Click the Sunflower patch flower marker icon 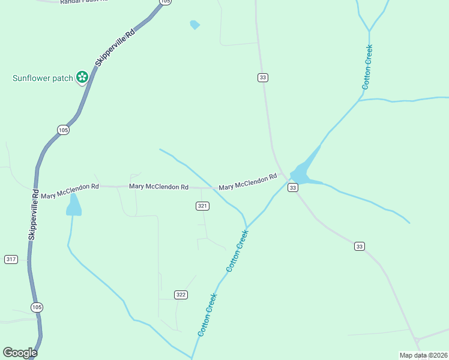tap(82, 77)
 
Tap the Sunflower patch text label tap(43, 78)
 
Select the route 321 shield tap(202, 206)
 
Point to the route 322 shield tap(181, 295)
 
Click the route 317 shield tap(11, 259)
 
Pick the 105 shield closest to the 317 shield tap(37, 307)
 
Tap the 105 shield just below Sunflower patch tap(63, 130)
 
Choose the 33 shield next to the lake tap(292, 188)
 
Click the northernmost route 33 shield tap(262, 77)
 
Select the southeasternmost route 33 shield tap(359, 246)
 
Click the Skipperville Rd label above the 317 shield tap(34, 215)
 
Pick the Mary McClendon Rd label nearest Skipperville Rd tap(70, 191)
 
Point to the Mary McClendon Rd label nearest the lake tap(247, 182)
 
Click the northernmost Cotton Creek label tap(367, 67)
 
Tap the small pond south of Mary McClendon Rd tap(73, 205)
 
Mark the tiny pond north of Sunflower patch tap(194, 25)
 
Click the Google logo tap(20, 353)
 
